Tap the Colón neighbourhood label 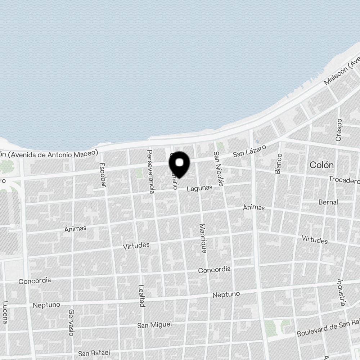321,165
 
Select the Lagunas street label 199,188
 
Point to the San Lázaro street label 249,151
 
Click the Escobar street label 103,175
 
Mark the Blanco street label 278,163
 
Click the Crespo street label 339,129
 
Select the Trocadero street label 344,179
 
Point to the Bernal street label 328,202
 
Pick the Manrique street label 203,238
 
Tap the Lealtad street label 141,296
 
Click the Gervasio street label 71,323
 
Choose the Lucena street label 5,312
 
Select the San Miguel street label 154,325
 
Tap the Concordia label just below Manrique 214,270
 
